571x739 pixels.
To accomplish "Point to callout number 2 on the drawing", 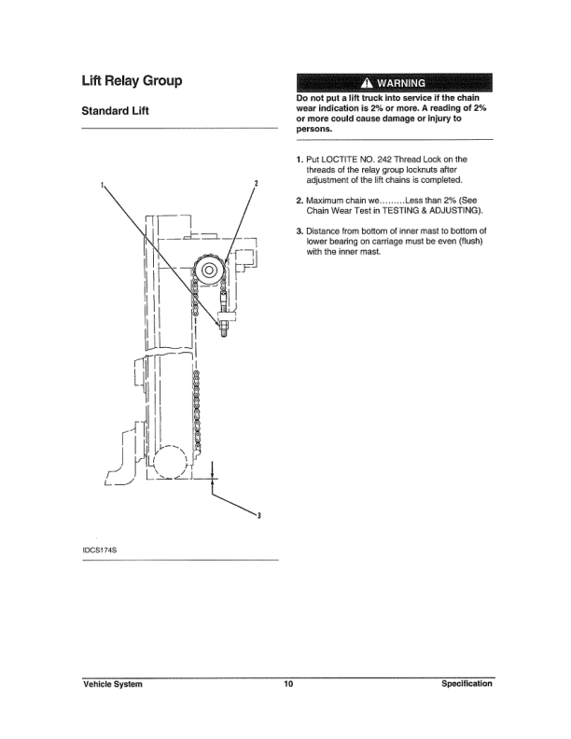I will [x=255, y=182].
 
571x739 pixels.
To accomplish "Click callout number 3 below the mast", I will [x=258, y=517].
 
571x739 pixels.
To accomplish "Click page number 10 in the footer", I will [x=288, y=685].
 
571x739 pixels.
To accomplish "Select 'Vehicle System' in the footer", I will [x=112, y=685].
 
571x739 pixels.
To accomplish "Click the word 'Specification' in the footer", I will [x=467, y=685].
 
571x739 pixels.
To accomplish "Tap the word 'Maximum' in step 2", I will [x=328, y=200].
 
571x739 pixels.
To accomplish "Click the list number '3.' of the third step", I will [x=299, y=230].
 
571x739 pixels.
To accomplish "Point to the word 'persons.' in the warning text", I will [x=313, y=129].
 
